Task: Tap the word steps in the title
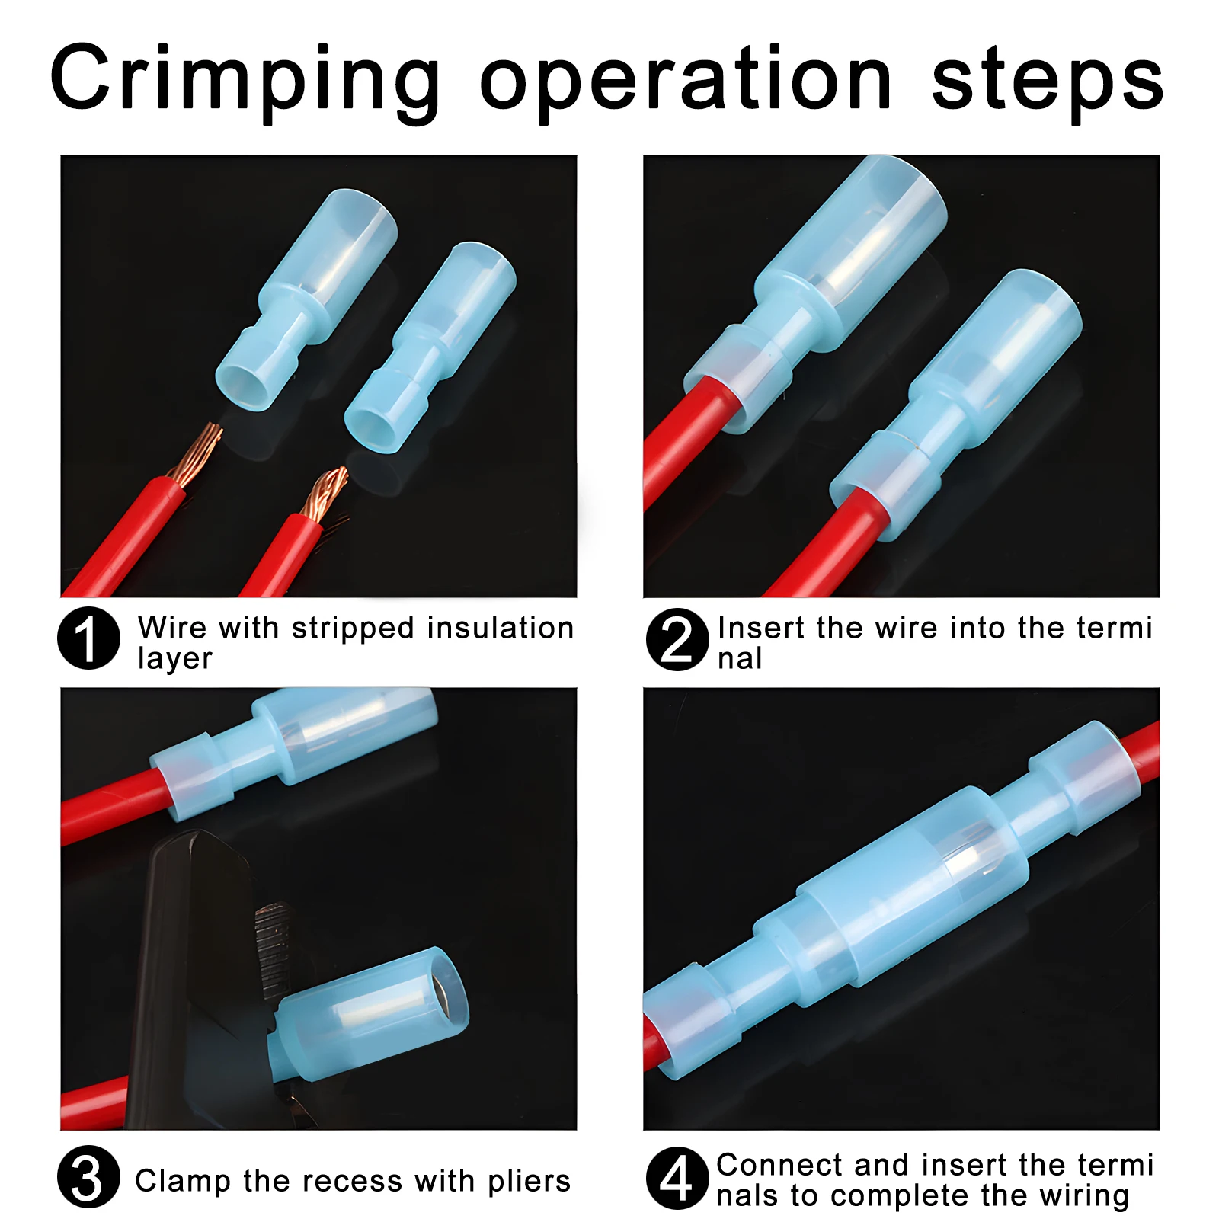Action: coord(1048,81)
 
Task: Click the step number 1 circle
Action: coord(88,638)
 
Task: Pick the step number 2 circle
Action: coord(677,639)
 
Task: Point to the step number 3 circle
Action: coord(88,1176)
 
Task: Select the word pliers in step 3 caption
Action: coord(529,1181)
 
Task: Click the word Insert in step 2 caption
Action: coord(761,628)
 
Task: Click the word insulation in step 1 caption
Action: coord(500,628)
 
